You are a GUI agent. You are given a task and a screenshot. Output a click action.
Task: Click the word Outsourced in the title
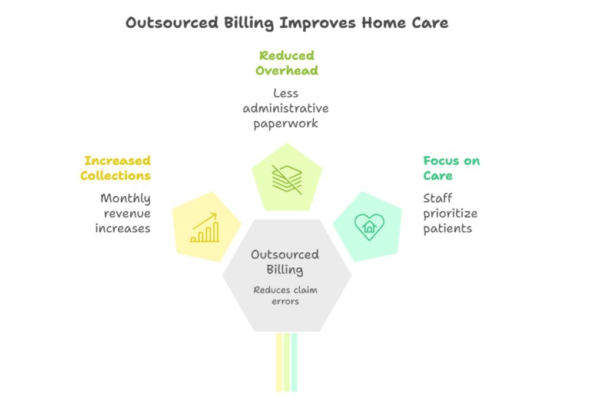(x=171, y=23)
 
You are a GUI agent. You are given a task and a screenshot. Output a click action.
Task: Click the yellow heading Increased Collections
(x=117, y=168)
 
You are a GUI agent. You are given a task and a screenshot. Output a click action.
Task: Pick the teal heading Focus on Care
(x=451, y=168)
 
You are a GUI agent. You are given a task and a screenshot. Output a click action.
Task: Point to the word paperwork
(x=286, y=123)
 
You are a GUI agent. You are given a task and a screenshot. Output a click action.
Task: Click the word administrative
(x=286, y=108)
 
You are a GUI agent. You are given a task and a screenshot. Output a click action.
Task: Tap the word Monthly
(x=125, y=198)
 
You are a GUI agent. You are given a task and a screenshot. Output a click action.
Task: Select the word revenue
(x=127, y=213)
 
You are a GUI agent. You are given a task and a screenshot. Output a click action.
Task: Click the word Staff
(x=438, y=198)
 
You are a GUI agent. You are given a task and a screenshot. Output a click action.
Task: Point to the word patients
(x=448, y=228)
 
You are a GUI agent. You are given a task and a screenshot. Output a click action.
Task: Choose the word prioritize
(x=450, y=213)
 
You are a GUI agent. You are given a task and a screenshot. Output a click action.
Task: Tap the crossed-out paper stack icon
(x=287, y=179)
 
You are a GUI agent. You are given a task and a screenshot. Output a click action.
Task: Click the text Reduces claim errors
(x=285, y=295)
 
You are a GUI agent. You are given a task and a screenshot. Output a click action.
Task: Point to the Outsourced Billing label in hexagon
(x=285, y=262)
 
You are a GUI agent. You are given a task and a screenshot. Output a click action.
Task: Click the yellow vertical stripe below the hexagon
(x=279, y=362)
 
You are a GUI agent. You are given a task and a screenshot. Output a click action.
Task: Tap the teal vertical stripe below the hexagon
(x=294, y=362)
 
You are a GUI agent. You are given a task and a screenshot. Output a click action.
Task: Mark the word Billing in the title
(x=247, y=23)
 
